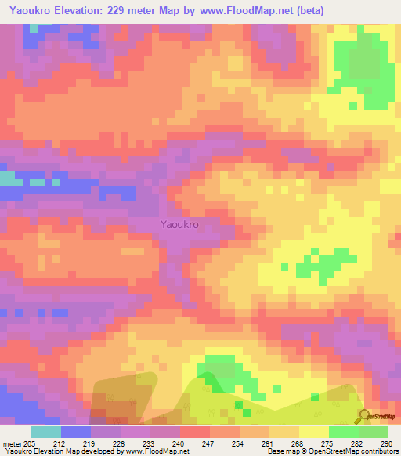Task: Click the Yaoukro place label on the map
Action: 179,225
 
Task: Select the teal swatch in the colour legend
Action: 45,431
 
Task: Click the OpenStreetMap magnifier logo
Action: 365,416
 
